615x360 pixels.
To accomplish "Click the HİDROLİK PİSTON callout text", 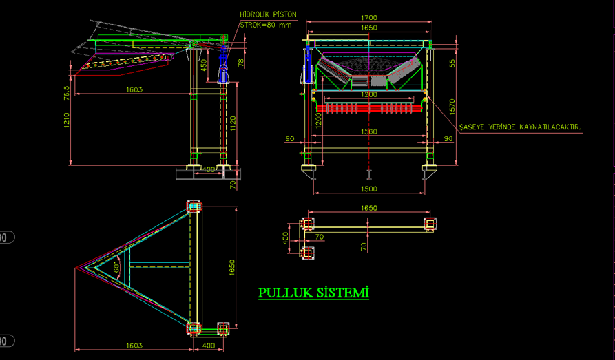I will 267,14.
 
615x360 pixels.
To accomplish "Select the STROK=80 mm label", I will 266,25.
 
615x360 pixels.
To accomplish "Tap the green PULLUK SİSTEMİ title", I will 313,293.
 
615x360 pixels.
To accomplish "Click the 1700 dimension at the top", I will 369,17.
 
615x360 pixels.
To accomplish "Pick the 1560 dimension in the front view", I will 369,131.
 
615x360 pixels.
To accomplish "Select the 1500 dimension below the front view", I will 369,189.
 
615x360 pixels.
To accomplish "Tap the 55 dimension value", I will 452,63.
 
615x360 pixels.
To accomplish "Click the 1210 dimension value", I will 67,128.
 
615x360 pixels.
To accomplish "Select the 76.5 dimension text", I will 67,93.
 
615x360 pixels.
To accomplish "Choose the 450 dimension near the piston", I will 204,65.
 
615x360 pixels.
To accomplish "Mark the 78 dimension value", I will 240,63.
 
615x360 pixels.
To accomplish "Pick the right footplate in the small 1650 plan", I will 430,224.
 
